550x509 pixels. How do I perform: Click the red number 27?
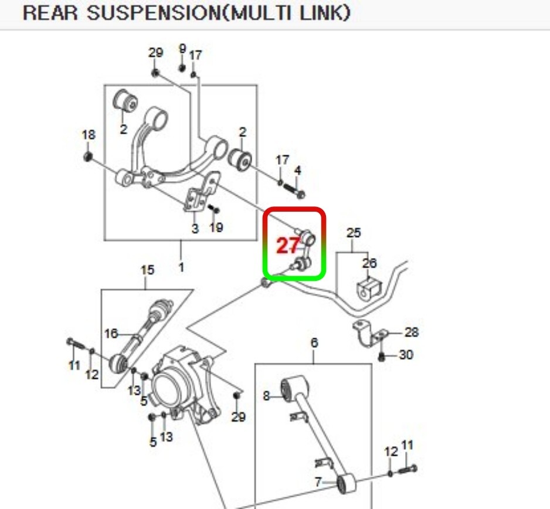[288, 245]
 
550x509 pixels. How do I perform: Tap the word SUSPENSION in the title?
[155, 13]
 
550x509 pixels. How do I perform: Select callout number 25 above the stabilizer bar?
[354, 233]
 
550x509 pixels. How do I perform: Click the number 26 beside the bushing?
[369, 263]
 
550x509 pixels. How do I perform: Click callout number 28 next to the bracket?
[412, 332]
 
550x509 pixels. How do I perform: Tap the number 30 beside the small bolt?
[406, 355]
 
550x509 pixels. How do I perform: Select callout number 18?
[89, 135]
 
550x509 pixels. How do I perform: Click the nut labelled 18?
[87, 156]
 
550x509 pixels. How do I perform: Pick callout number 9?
[182, 49]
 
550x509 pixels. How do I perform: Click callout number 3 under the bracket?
[195, 229]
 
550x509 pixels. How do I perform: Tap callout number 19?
[216, 228]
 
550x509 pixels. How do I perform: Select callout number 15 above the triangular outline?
[147, 270]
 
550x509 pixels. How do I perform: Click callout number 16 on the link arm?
[111, 333]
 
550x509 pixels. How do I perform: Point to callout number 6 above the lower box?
[314, 342]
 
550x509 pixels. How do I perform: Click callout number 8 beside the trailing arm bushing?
[266, 396]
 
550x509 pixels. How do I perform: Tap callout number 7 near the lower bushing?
[318, 482]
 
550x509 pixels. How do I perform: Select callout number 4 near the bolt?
[297, 171]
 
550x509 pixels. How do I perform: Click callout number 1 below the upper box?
[181, 267]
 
